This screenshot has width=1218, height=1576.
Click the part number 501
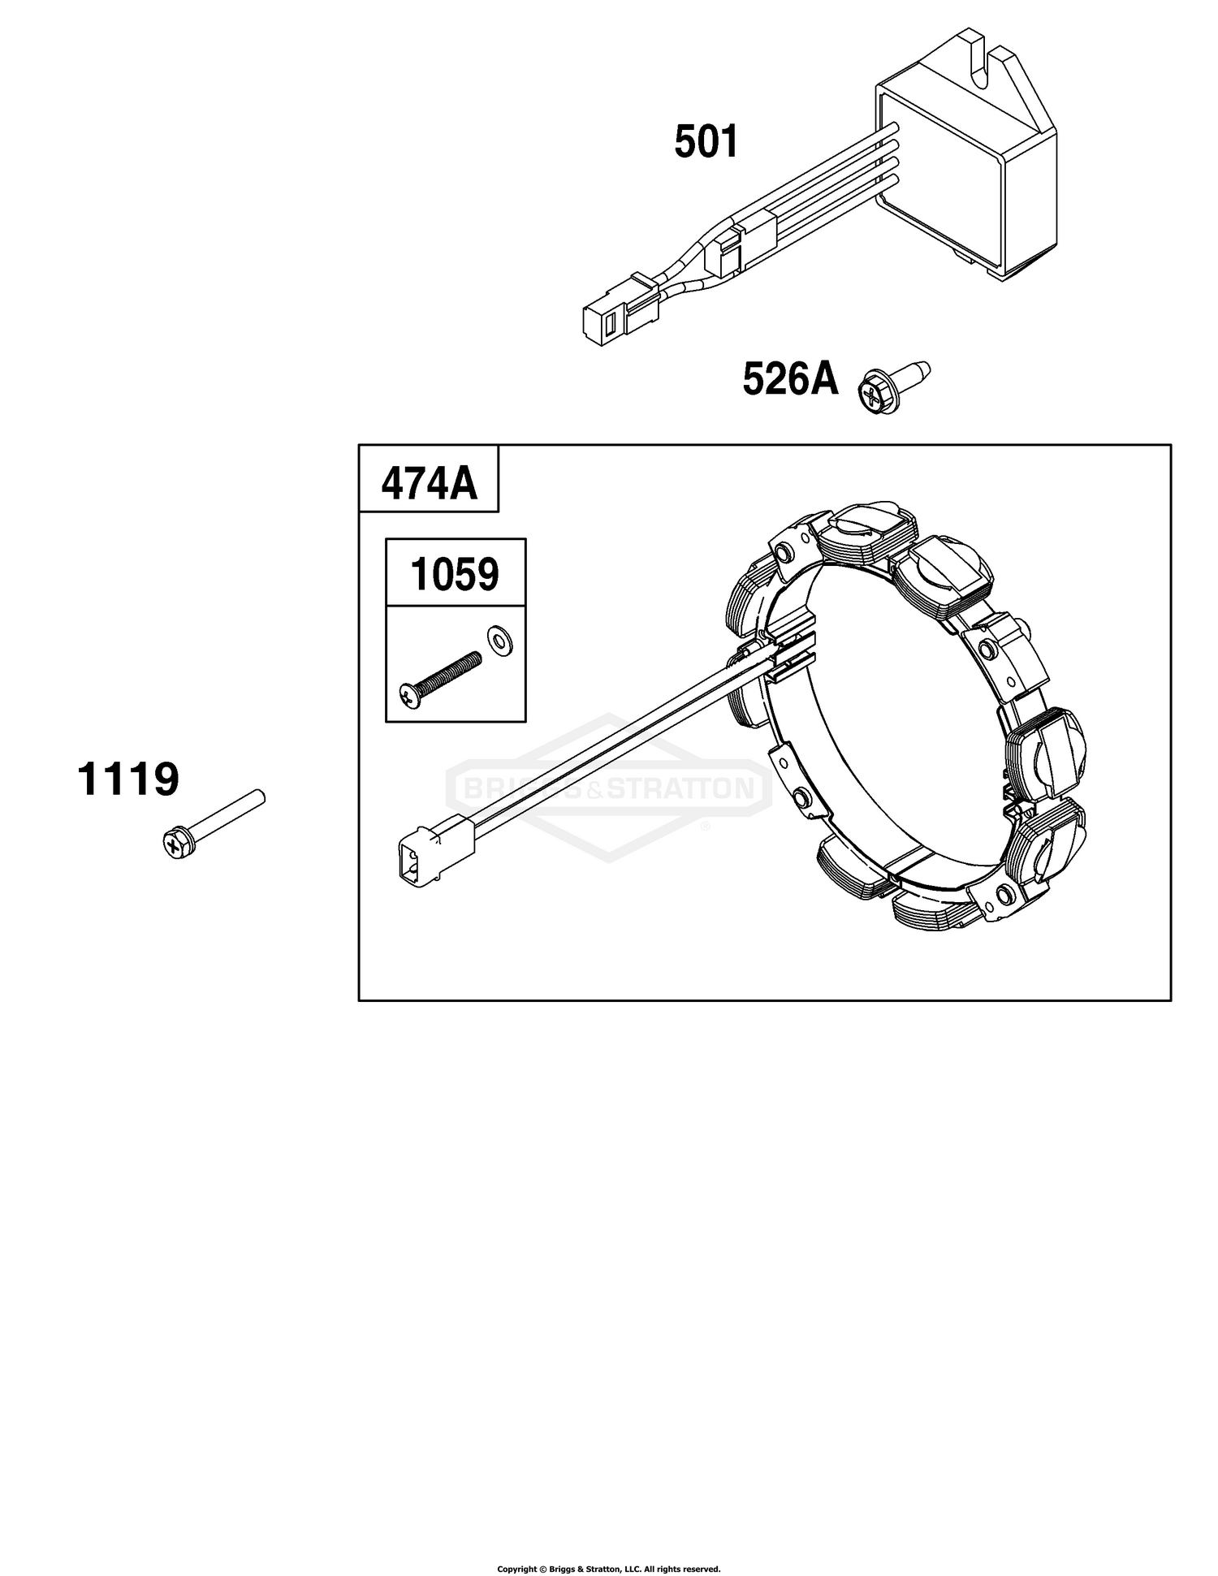pyautogui.click(x=706, y=142)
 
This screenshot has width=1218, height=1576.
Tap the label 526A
pyautogui.click(x=790, y=379)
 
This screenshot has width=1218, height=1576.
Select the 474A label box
pyautogui.click(x=429, y=478)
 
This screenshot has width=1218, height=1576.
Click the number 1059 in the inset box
pyautogui.click(x=455, y=573)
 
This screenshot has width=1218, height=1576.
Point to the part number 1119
pyautogui.click(x=128, y=779)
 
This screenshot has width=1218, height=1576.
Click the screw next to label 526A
pyautogui.click(x=893, y=388)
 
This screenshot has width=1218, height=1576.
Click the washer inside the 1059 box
pyautogui.click(x=499, y=641)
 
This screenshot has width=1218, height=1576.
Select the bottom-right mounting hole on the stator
pyautogui.click(x=1005, y=896)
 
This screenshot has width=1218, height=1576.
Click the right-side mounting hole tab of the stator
pyautogui.click(x=988, y=650)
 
